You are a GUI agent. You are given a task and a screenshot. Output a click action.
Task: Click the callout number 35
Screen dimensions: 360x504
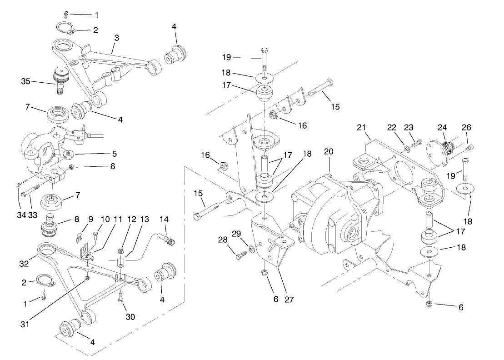[x=25, y=82]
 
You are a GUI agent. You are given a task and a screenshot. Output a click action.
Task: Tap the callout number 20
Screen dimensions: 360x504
[x=329, y=151]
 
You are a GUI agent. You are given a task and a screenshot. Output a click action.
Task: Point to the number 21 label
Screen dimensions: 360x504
[x=361, y=129]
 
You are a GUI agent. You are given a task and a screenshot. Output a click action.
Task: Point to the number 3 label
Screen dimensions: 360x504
[x=117, y=38]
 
